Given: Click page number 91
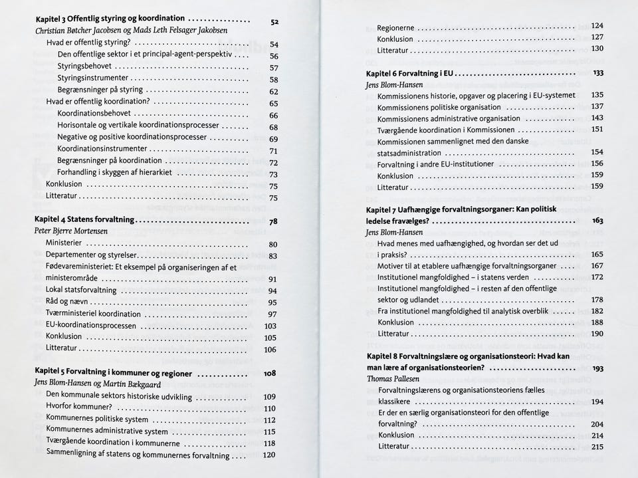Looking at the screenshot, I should click(x=272, y=279).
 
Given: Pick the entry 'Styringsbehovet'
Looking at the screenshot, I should click(x=86, y=66).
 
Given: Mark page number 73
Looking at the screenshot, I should click(x=272, y=175).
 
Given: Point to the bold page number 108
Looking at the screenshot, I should click(x=270, y=374).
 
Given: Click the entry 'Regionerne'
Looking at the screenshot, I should click(x=395, y=28).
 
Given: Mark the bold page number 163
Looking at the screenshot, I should click(x=597, y=220).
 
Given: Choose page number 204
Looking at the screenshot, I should click(x=597, y=424).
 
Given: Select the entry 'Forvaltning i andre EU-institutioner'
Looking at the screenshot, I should click(x=435, y=164).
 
